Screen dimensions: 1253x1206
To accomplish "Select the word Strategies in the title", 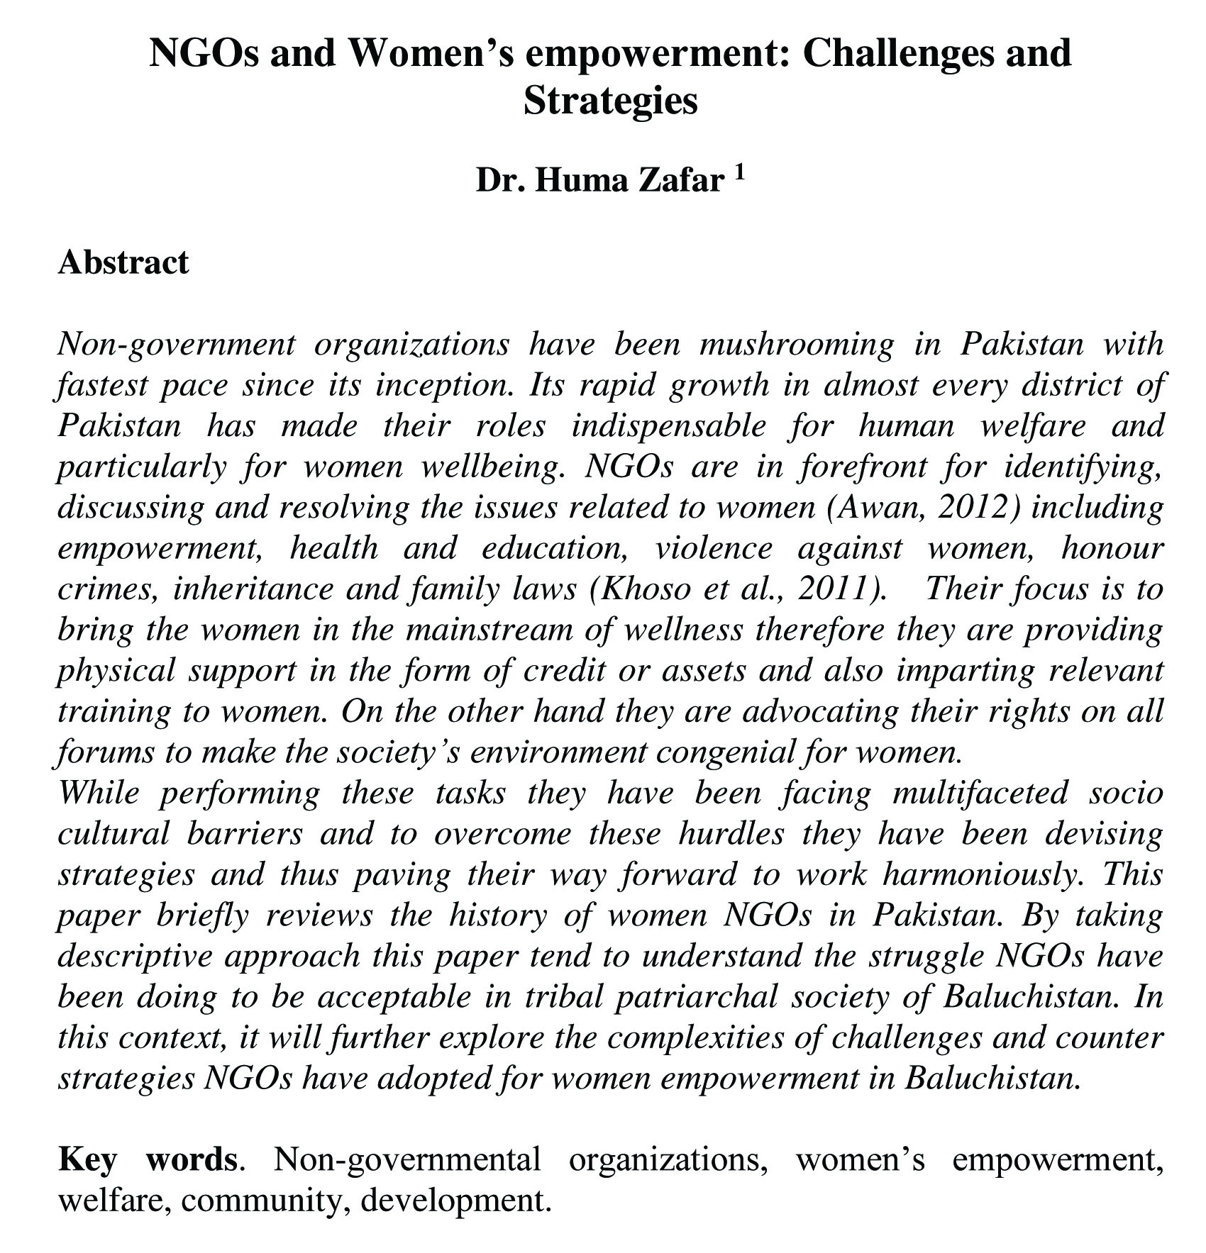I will pyautogui.click(x=610, y=100).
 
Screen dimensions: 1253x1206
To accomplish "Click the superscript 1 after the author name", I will pyautogui.click(x=739, y=172).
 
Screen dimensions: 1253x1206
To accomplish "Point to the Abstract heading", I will pyautogui.click(x=123, y=262).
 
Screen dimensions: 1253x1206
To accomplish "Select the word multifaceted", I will pyautogui.click(x=979, y=793).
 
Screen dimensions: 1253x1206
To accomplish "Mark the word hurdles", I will pyautogui.click(x=731, y=834).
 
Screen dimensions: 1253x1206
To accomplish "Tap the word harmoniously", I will pyautogui.click(x=983, y=875).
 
